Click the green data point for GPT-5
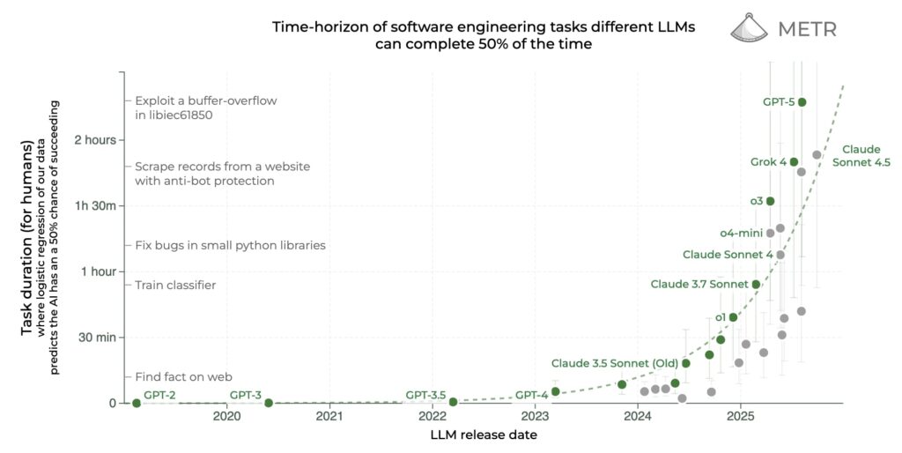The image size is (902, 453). [802, 102]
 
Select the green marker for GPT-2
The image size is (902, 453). [137, 403]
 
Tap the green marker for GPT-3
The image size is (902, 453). [269, 403]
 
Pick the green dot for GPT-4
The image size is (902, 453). [555, 391]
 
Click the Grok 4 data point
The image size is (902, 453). [794, 162]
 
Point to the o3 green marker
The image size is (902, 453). [770, 201]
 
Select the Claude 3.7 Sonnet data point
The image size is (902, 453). [756, 284]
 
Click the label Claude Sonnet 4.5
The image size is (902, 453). [866, 156]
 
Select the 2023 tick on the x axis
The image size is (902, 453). [535, 416]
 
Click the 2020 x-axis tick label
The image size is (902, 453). [226, 416]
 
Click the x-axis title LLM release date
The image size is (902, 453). [483, 434]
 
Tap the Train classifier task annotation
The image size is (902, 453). [175, 285]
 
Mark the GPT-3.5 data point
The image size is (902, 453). [453, 402]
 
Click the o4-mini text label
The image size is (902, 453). [741, 233]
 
